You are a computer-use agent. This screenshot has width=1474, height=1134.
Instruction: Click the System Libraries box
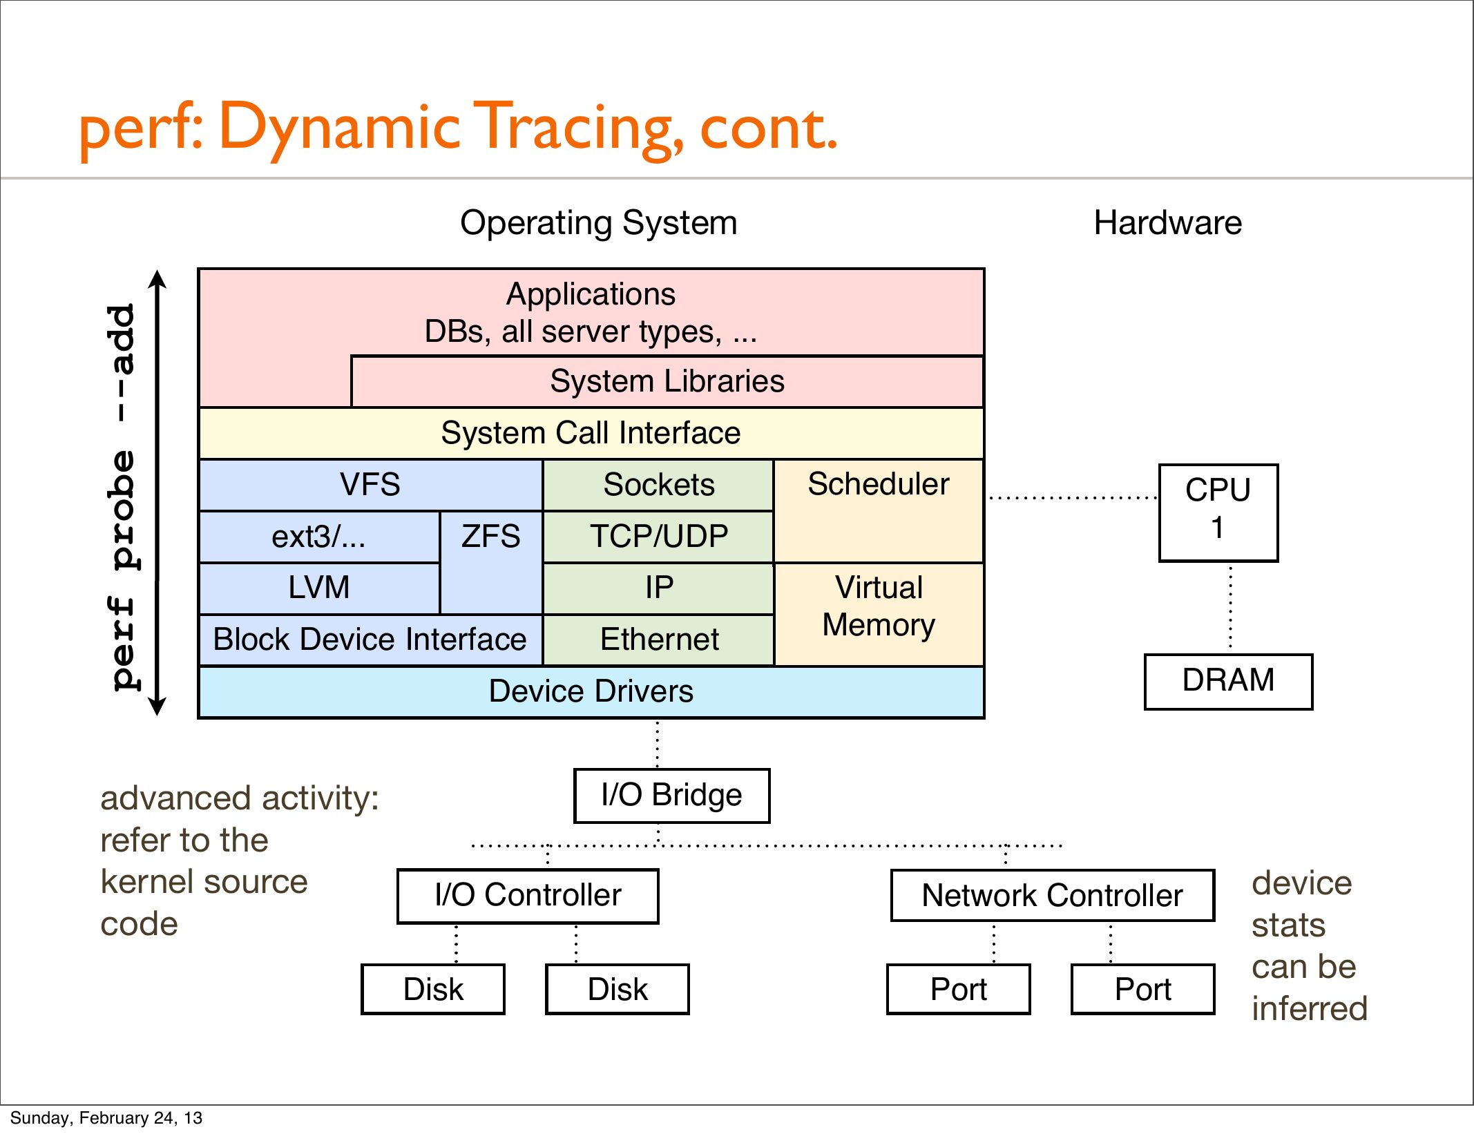667,381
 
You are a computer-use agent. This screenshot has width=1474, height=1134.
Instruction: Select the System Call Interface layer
591,433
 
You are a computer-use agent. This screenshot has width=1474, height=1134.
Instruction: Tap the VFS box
370,484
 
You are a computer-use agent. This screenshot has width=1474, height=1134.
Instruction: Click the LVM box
318,588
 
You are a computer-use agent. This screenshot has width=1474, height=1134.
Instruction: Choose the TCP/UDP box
658,536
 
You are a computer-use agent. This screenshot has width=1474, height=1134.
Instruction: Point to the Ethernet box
658,640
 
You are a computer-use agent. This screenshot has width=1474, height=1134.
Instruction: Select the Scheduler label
878,484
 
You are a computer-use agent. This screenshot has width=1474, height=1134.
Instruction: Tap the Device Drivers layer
591,691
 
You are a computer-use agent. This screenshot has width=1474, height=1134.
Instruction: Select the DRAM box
1228,681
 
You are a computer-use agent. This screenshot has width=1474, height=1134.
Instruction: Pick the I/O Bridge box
671,796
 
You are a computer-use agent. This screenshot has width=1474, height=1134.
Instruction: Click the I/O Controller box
528,896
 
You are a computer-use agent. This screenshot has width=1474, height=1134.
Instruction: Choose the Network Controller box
1052,896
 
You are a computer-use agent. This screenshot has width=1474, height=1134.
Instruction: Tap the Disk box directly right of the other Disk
618,989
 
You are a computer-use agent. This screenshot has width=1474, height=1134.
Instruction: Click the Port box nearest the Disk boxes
958,989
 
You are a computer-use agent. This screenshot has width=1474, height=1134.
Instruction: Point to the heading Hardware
1167,223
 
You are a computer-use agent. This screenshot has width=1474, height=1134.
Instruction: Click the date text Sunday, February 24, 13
106,1117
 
